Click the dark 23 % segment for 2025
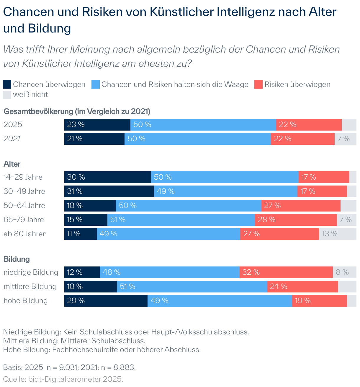coord(97,125)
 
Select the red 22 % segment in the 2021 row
coord(302,139)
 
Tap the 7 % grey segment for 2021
coord(345,139)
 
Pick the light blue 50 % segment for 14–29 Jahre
coord(225,177)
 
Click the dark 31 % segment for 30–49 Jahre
coord(109,191)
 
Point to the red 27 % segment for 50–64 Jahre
coord(301,206)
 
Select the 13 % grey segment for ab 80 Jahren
coord(338,234)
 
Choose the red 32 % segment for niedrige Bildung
coord(286,272)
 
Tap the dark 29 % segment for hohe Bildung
coord(106,301)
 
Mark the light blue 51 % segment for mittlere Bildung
coord(192,287)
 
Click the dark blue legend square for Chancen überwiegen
coord(7,84)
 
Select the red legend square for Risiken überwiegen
coord(258,84)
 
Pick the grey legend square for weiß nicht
coord(7,95)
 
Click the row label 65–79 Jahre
coord(24,220)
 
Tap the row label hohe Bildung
coord(25,301)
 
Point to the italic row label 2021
coord(12,139)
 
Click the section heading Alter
coord(12,164)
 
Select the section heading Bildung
coord(17,259)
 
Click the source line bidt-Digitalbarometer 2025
coord(63,379)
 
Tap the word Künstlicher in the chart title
coord(182,12)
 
